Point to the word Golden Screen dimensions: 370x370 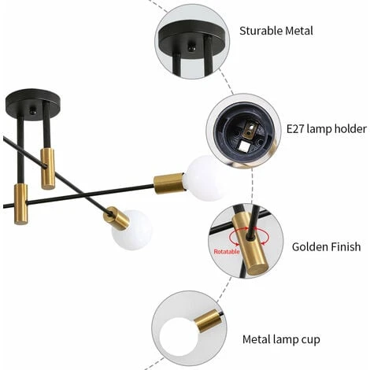point(309,247)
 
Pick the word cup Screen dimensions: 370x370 point(312,340)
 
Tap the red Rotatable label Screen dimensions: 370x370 point(227,252)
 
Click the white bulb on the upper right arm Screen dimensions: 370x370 point(203,178)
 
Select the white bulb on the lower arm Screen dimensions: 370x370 point(131,230)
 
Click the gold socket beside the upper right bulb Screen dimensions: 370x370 point(168,183)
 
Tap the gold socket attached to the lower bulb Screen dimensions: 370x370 point(117,218)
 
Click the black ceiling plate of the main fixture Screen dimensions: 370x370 point(33,104)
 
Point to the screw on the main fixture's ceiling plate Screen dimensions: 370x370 point(33,111)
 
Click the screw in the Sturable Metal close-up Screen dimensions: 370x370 point(191,46)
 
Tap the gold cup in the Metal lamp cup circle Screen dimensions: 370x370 point(208,320)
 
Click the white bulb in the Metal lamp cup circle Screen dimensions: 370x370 point(179,337)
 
